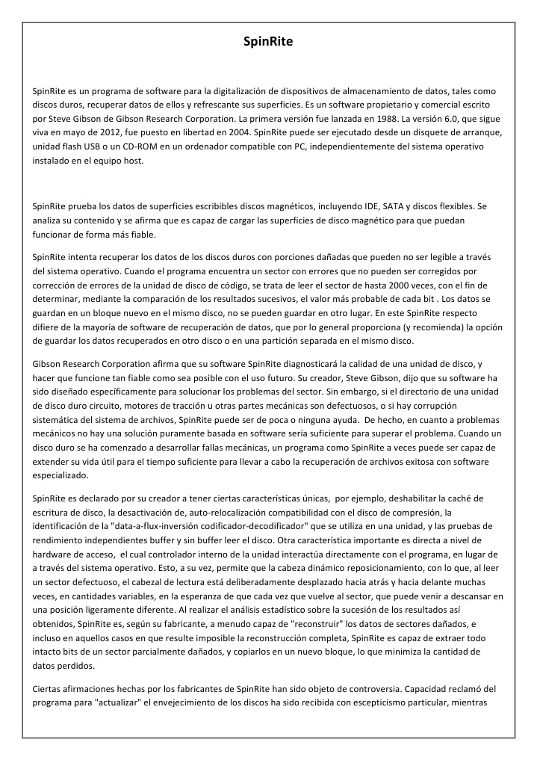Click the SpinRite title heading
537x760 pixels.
point(268,42)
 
